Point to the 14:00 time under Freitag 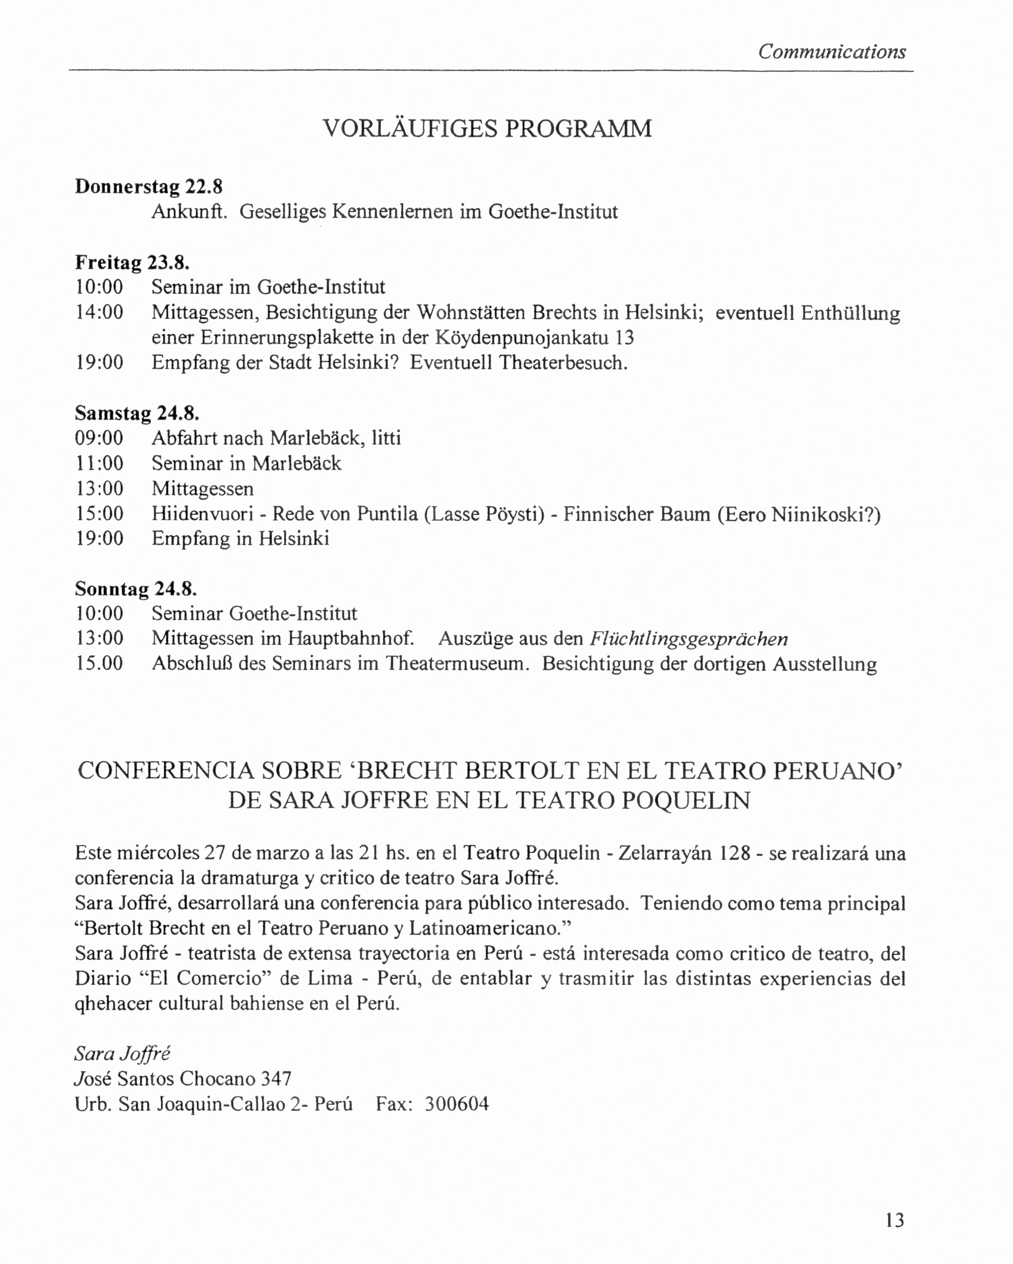pos(100,313)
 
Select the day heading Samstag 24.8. pos(137,413)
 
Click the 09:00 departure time pos(100,438)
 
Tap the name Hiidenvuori pos(202,514)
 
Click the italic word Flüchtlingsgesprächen pos(688,638)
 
